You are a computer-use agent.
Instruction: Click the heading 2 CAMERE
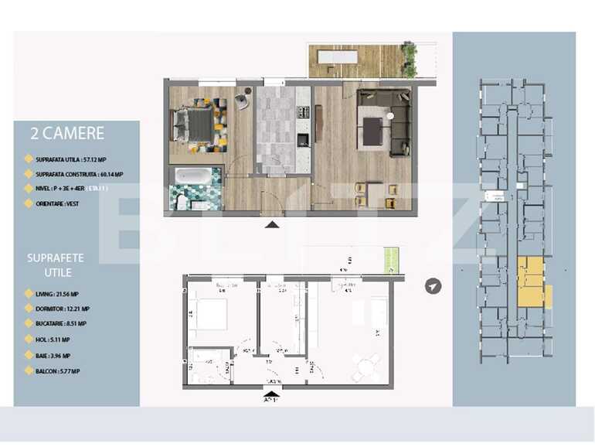(66, 134)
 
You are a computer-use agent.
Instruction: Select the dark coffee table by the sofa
(372, 131)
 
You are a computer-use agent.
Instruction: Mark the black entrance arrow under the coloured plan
(272, 224)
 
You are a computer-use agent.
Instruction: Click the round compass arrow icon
(433, 287)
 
